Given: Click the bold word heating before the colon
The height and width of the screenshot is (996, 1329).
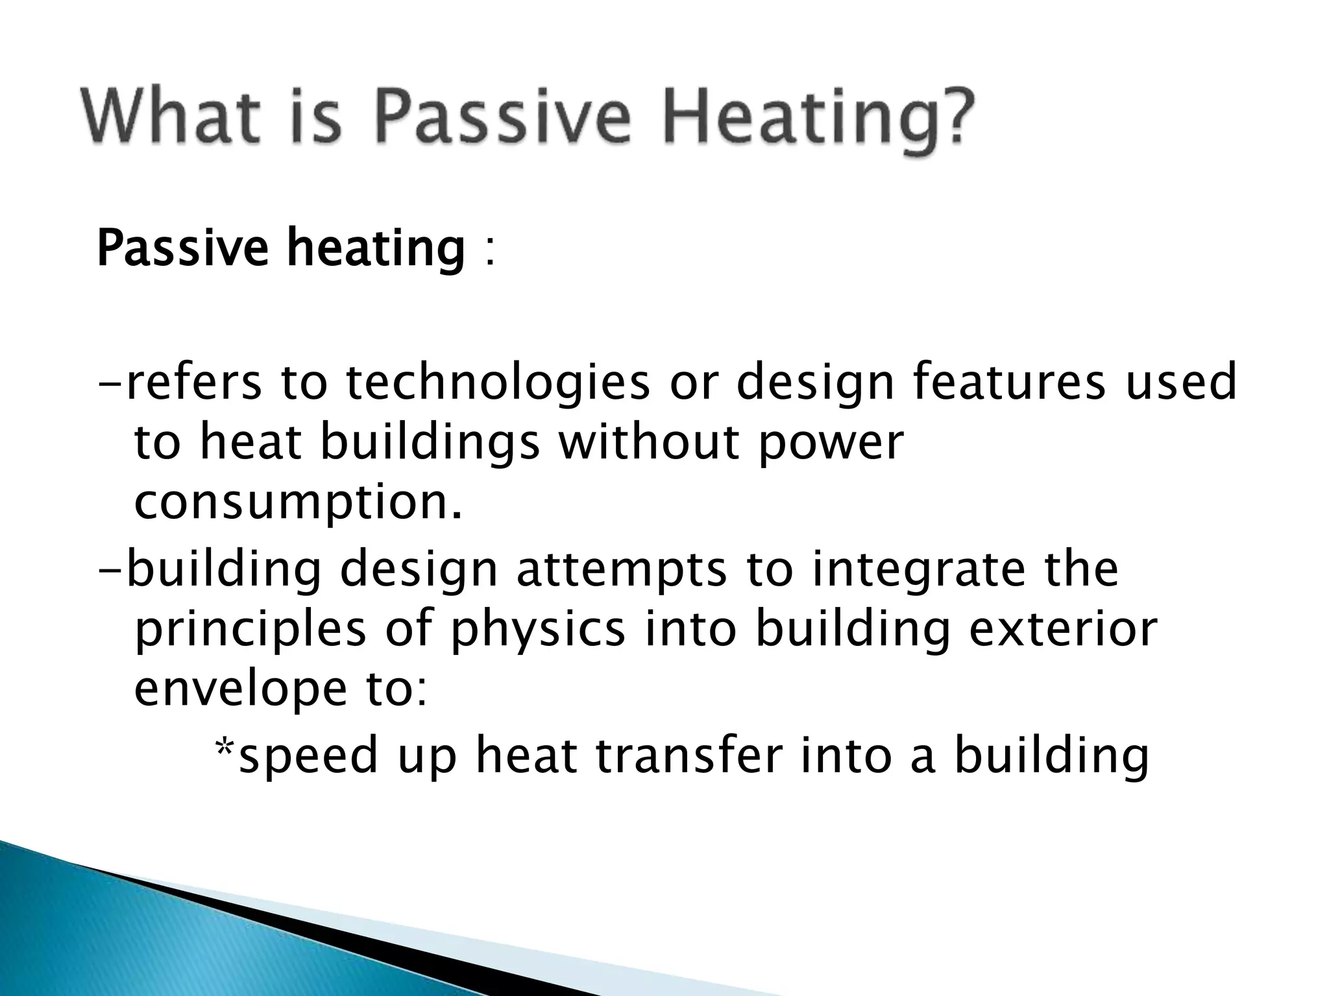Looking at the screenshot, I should tap(376, 250).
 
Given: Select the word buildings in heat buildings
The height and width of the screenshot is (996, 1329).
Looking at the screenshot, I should tap(431, 444).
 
